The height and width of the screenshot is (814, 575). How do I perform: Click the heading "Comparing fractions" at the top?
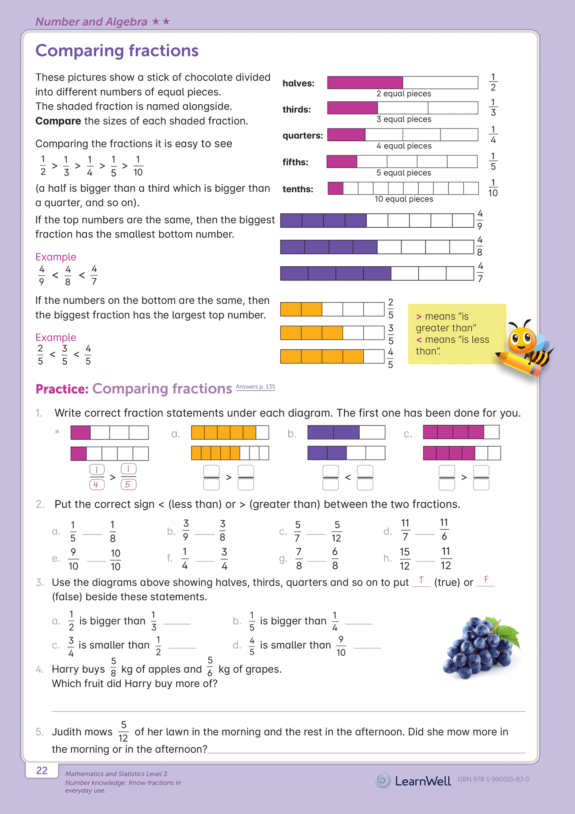pyautogui.click(x=117, y=51)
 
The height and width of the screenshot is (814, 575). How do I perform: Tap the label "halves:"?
pyautogui.click(x=298, y=84)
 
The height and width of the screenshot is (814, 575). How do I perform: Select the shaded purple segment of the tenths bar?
pyautogui.click(x=335, y=188)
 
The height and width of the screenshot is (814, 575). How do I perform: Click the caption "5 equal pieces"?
pyautogui.click(x=403, y=173)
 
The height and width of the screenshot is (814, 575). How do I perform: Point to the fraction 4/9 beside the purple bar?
pyautogui.click(x=480, y=220)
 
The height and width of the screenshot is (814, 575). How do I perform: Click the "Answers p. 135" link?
pyautogui.click(x=255, y=387)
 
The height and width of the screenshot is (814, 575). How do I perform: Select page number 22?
pyautogui.click(x=42, y=771)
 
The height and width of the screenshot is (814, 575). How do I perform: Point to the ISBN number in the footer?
pyautogui.click(x=493, y=779)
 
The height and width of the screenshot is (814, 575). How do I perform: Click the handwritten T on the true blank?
pyautogui.click(x=421, y=580)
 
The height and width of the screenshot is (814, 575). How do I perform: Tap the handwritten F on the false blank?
pyautogui.click(x=486, y=579)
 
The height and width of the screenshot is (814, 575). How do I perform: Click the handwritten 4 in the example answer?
pyautogui.click(x=96, y=484)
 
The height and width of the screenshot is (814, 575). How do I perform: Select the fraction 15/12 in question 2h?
pyautogui.click(x=404, y=558)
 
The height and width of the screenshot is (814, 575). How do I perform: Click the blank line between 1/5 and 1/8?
pyautogui.click(x=93, y=534)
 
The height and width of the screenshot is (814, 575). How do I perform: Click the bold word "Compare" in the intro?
pyautogui.click(x=58, y=121)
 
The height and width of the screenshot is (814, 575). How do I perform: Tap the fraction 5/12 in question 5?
pyautogui.click(x=123, y=731)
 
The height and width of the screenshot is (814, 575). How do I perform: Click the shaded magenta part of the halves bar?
pyautogui.click(x=365, y=82)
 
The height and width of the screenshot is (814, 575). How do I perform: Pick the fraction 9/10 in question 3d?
pyautogui.click(x=341, y=646)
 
